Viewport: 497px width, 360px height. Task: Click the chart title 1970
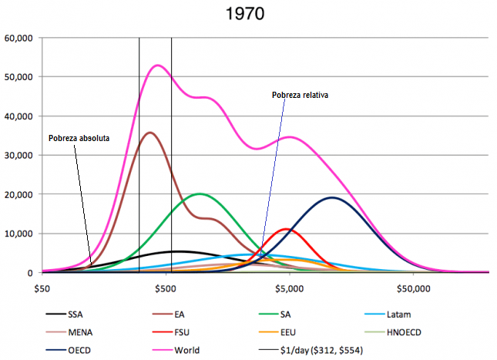point(248,13)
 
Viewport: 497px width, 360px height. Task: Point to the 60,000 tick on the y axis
point(18,38)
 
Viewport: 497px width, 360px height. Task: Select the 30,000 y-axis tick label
point(18,155)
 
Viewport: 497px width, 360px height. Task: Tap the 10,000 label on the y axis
point(18,234)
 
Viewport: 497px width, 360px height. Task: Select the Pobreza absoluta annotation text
point(79,138)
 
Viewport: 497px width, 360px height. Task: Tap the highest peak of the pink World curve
point(158,65)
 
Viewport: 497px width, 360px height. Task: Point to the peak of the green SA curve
point(200,193)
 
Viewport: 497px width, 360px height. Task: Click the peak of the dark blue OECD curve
point(332,197)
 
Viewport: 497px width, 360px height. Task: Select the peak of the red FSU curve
point(287,228)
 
